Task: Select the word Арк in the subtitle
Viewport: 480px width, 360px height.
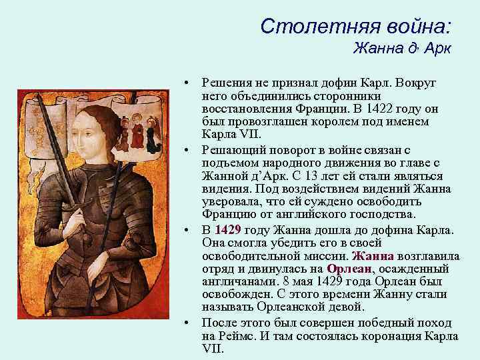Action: tap(437, 49)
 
